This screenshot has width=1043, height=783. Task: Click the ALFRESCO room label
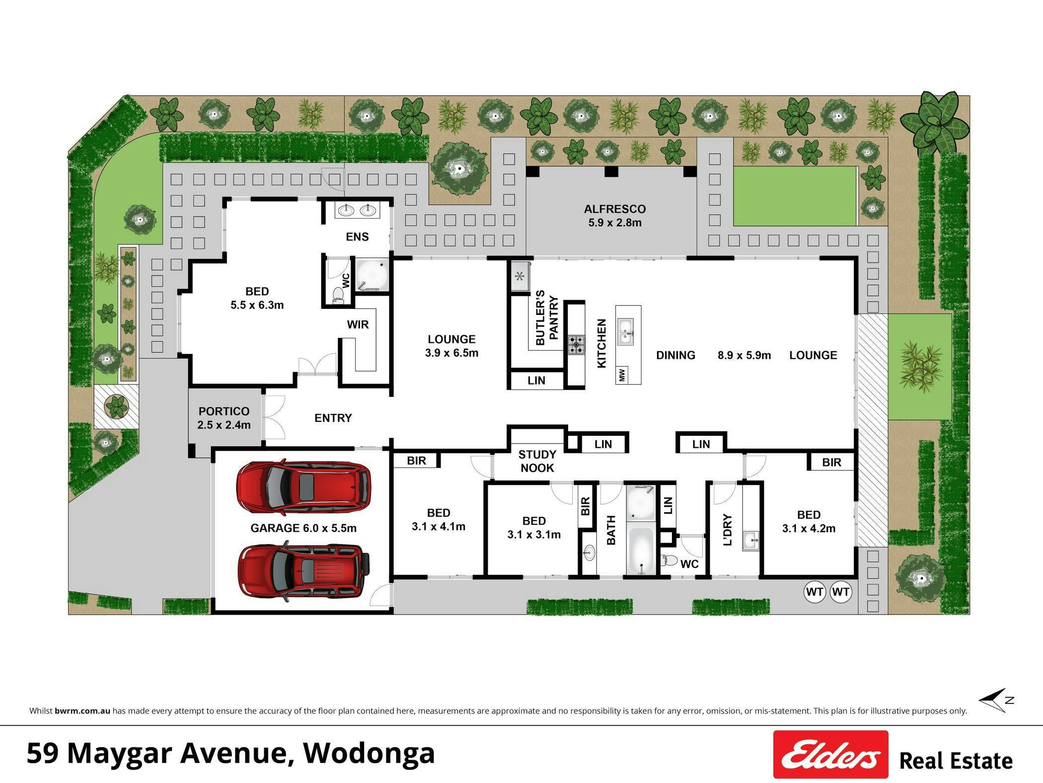[x=614, y=209]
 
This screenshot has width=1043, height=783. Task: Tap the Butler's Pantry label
[x=547, y=317]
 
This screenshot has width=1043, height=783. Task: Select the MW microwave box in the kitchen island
[x=622, y=375]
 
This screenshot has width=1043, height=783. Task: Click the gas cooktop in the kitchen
[x=577, y=344]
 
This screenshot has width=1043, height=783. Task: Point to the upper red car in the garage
[x=303, y=487]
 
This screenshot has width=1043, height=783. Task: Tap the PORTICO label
[x=223, y=411]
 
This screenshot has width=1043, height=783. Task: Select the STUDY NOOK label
[x=537, y=461]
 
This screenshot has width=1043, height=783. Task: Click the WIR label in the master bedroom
[x=358, y=325]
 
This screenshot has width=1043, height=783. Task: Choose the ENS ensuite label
[x=357, y=237]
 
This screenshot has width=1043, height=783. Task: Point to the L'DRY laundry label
[x=728, y=530]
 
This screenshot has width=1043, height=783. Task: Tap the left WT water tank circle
[x=815, y=592]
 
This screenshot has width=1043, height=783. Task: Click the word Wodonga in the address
[x=369, y=752]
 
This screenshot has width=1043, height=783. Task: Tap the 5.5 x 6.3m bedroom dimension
[x=257, y=305]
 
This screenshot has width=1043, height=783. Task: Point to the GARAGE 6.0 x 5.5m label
[x=303, y=528]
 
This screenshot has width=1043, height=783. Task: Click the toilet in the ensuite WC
[x=338, y=295]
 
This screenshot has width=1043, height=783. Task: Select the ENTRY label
[x=333, y=418]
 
